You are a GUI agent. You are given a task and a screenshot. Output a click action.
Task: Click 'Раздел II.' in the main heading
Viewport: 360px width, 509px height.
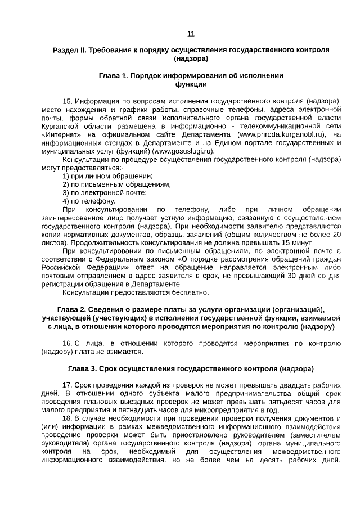coord(69,50)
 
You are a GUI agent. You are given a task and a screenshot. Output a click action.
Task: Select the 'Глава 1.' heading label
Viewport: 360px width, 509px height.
coord(114,75)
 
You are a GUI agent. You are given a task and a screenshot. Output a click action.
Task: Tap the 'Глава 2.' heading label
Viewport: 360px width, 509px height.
coord(75,309)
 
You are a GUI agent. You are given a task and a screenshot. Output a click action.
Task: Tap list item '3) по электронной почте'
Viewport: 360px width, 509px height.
coord(105,193)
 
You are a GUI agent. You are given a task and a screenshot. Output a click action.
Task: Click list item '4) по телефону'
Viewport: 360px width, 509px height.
coord(89,201)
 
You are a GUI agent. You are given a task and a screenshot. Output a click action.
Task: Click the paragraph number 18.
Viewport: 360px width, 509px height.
coord(67,419)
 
